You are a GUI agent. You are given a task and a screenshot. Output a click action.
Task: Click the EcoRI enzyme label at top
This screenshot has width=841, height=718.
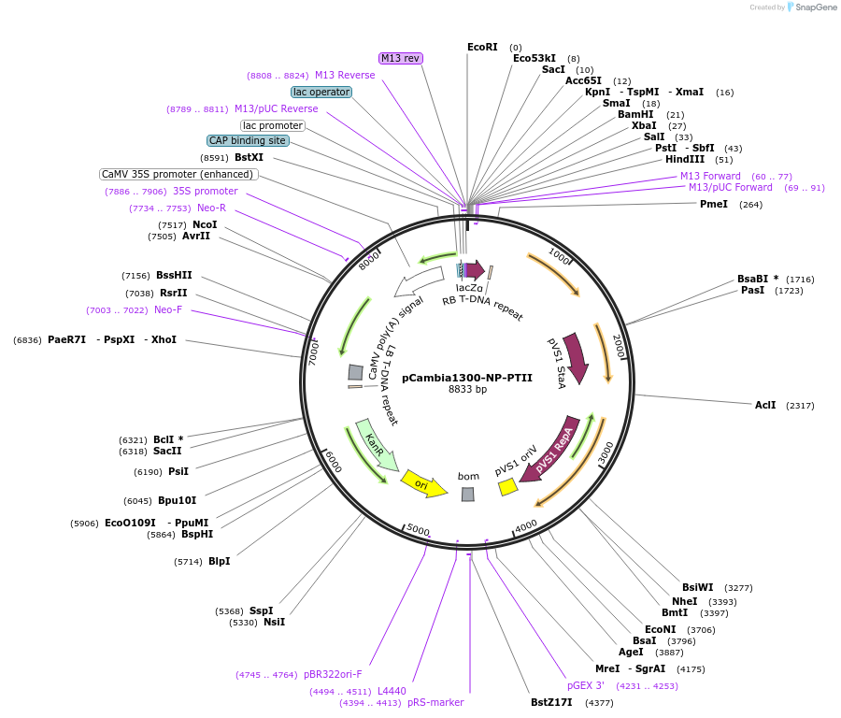point(482,47)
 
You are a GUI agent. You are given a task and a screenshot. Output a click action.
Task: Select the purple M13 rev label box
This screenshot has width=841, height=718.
point(401,58)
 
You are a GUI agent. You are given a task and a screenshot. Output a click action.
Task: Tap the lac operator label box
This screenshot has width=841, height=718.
point(321,92)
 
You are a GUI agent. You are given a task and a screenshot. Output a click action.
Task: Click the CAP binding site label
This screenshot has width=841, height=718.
point(248,140)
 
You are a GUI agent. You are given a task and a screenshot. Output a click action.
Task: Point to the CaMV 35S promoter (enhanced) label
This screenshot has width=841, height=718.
point(178,174)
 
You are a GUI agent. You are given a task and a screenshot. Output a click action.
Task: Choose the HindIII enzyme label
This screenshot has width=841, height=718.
point(684,160)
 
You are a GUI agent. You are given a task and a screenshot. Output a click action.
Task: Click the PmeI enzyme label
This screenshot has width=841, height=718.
point(713,204)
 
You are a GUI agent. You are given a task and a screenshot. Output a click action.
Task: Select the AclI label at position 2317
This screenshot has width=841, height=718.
point(764,405)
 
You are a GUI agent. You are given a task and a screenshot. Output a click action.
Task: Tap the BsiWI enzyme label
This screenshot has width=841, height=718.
point(697,587)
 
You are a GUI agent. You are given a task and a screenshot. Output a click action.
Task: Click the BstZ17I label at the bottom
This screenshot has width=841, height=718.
point(550,702)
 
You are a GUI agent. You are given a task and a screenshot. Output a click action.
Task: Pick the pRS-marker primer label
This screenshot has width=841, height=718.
point(435,702)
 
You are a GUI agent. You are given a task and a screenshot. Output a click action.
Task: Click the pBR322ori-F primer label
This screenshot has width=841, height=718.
point(332,674)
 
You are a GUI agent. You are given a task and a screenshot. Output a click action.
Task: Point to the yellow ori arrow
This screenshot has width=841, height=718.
point(423,484)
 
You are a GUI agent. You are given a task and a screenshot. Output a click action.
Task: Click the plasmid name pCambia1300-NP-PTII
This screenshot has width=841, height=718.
point(466,379)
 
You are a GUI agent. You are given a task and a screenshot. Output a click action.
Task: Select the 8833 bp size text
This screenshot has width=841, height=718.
point(466,390)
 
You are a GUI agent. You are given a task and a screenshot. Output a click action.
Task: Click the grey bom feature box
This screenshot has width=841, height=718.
point(467,494)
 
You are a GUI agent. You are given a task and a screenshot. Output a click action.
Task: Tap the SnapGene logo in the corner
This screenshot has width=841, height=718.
point(811,7)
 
